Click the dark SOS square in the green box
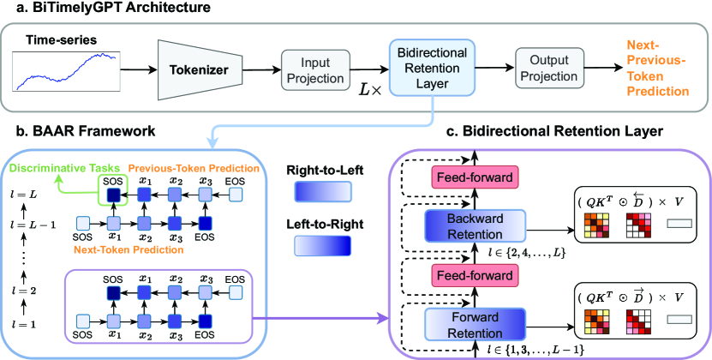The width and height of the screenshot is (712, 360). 113,196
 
